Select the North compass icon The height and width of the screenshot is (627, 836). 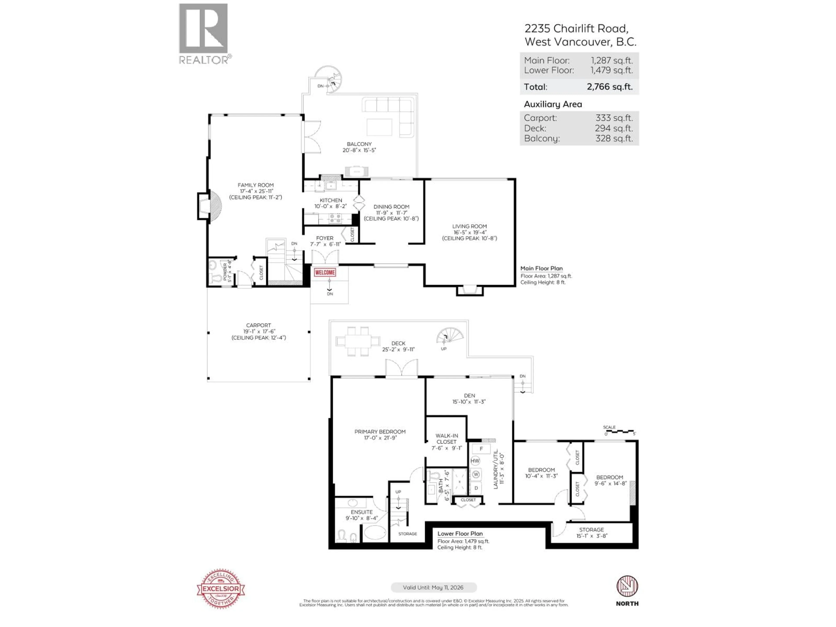point(627,587)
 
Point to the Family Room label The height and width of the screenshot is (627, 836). point(256,185)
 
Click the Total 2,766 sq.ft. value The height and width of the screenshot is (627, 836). point(609,87)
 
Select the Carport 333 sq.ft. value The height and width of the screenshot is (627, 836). point(614,118)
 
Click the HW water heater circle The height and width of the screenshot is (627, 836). point(475,461)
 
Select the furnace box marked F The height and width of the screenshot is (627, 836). point(481,449)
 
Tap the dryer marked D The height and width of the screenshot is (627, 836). point(476,488)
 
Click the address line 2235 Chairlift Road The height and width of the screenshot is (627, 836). point(576,29)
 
